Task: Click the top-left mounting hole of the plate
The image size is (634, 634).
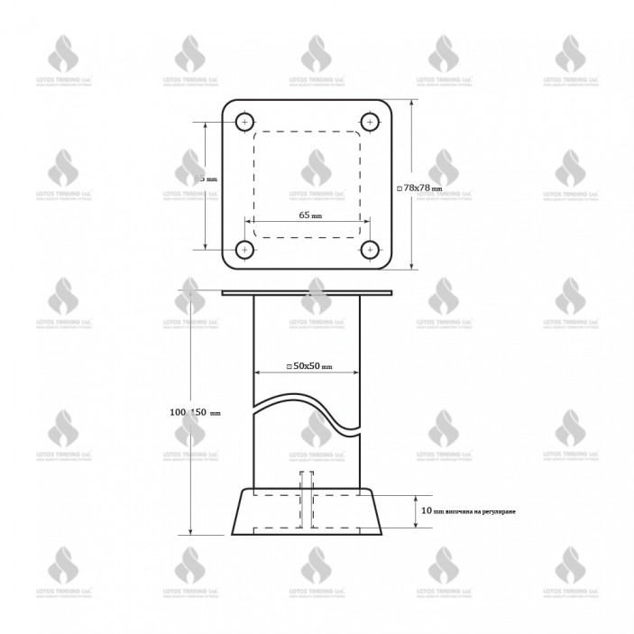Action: pyautogui.click(x=244, y=122)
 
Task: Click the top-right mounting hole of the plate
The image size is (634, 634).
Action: pyautogui.click(x=369, y=122)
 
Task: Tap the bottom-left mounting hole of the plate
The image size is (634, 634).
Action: pyautogui.click(x=244, y=249)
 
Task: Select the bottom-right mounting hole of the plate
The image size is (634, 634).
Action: pyautogui.click(x=369, y=249)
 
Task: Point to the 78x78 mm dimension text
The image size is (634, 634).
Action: pyautogui.click(x=421, y=187)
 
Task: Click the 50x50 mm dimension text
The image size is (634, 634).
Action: pyautogui.click(x=310, y=366)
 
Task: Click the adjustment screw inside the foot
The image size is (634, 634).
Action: pyautogui.click(x=307, y=501)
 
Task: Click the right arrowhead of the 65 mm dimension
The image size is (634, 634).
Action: pyautogui.click(x=365, y=222)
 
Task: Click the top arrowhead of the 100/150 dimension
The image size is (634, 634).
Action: pyautogui.click(x=191, y=287)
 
